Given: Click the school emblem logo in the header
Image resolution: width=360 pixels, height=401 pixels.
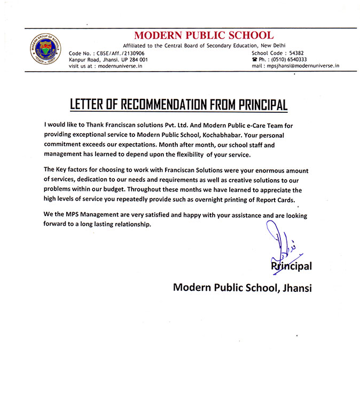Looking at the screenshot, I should tap(44, 51).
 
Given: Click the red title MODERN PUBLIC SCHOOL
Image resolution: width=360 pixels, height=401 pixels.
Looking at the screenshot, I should tap(204, 36).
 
